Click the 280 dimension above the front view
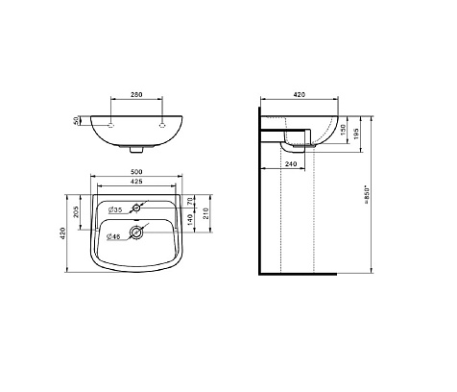click(x=136, y=94)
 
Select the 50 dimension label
click(x=76, y=121)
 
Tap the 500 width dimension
click(x=136, y=172)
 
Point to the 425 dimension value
click(x=136, y=182)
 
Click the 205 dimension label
click(x=76, y=211)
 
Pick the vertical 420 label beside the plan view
click(x=62, y=233)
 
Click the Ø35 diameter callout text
click(x=115, y=209)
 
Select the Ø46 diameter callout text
click(x=113, y=236)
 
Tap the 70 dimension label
click(x=190, y=202)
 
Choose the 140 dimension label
click(x=190, y=219)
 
